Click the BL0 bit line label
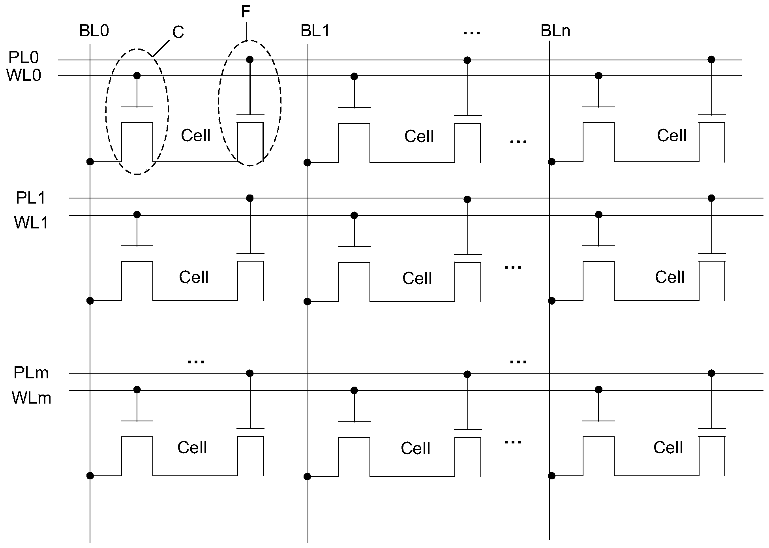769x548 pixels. (x=94, y=31)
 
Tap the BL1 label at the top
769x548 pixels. (x=315, y=31)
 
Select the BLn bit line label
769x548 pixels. (x=555, y=31)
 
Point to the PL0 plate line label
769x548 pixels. (x=24, y=58)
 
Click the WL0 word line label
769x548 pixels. (x=24, y=75)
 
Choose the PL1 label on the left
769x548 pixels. (x=31, y=198)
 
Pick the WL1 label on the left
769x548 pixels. (x=31, y=223)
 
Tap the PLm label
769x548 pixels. (x=31, y=373)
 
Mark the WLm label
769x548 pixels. (x=32, y=398)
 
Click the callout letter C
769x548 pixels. (x=178, y=32)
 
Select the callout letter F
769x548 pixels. (x=246, y=12)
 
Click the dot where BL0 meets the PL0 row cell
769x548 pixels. (x=90, y=162)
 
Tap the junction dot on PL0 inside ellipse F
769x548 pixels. (x=249, y=60)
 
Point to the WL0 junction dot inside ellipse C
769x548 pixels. (x=137, y=75)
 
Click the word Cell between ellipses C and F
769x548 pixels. (x=195, y=136)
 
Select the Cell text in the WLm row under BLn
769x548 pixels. (x=668, y=448)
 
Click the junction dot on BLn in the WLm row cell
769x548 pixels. (x=552, y=476)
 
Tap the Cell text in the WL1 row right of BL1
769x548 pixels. (x=417, y=279)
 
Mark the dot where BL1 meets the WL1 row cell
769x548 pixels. (x=308, y=302)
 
